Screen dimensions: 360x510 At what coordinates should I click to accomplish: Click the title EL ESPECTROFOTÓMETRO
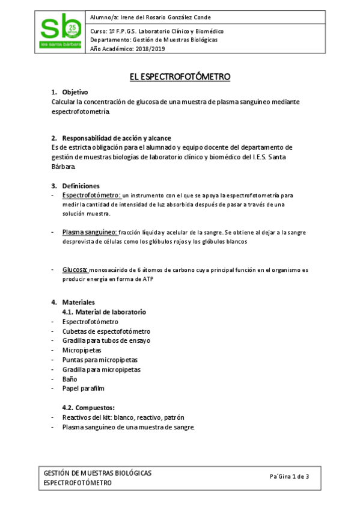pyautogui.click(x=180, y=77)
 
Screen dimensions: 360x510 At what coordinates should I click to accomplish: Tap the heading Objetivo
pyautogui.click(x=75, y=92)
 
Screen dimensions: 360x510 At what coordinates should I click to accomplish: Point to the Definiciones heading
pyautogui.click(x=81, y=185)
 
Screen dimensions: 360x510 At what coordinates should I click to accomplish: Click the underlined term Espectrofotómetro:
pyautogui.click(x=91, y=195)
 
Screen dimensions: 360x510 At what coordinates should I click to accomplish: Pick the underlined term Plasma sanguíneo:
pyautogui.click(x=90, y=232)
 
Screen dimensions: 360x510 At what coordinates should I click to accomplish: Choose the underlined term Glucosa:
pyautogui.click(x=76, y=269)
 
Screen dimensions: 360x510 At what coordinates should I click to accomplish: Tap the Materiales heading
pyautogui.click(x=78, y=302)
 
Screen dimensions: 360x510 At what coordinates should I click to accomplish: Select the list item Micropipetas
pyautogui.click(x=82, y=350)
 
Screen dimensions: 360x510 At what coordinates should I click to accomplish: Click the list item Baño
pyautogui.click(x=70, y=379)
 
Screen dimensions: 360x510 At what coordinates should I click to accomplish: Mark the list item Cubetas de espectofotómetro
pyautogui.click(x=106, y=331)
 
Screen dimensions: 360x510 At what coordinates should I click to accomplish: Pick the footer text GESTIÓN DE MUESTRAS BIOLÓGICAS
pyautogui.click(x=98, y=473)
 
